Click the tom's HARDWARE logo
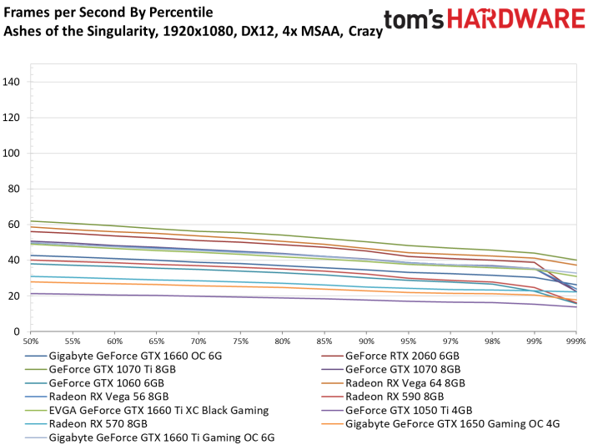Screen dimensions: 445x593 coord(484,21)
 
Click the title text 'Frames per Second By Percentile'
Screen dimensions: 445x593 coord(108,13)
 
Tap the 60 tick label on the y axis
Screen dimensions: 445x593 coord(14,225)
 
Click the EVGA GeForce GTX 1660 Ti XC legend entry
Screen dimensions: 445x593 coord(158,410)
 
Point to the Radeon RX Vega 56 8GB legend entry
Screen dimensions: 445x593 coord(108,397)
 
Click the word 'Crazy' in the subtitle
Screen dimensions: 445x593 coord(364,32)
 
